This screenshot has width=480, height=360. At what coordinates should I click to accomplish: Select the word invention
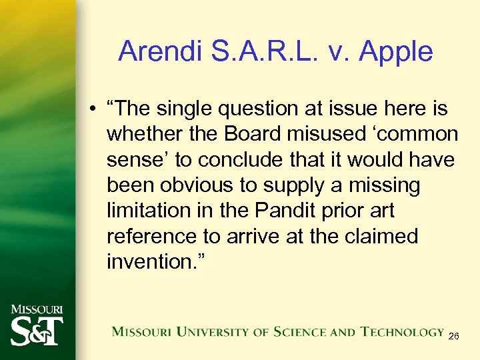click(154, 261)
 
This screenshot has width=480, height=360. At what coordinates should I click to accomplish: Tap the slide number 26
click(453, 337)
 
